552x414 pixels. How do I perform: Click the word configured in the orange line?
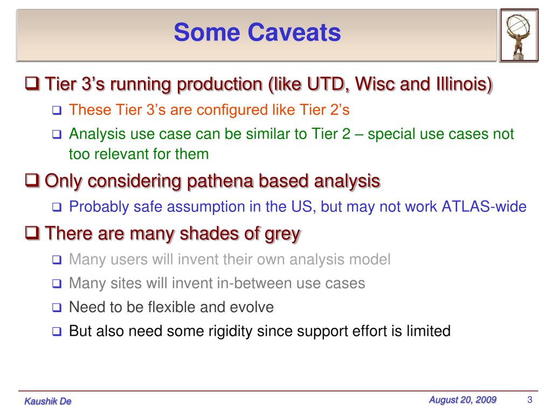(232, 110)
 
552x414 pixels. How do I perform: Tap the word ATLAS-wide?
(484, 206)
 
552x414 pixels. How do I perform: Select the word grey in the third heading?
(282, 234)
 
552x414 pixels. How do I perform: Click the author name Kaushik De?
(48, 401)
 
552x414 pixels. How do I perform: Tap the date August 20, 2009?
(462, 400)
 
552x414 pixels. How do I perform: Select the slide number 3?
(530, 399)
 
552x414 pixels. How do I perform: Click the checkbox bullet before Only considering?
(32, 180)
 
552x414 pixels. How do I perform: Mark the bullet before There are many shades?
(32, 233)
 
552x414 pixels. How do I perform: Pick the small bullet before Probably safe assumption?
(57, 207)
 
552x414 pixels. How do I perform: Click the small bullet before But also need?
(57, 332)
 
